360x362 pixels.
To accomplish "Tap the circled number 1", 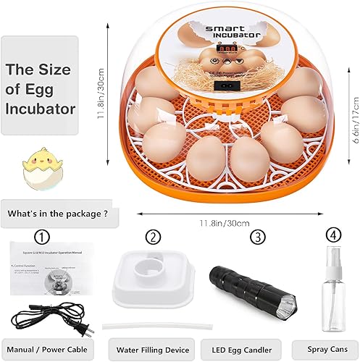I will coord(43,237).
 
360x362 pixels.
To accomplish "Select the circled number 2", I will coord(152,236).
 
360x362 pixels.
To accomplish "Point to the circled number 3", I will coord(257,236).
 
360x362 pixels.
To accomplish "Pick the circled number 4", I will coord(332,235).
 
